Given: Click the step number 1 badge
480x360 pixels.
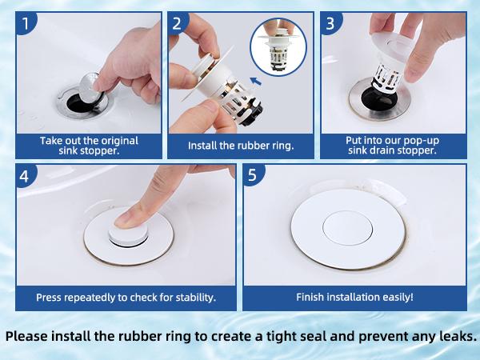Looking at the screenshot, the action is tap(26, 23).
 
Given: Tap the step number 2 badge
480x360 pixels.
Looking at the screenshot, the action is tap(178, 23).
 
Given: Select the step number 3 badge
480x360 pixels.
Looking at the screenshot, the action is tap(330, 23).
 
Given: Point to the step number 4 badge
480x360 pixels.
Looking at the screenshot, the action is tap(26, 176).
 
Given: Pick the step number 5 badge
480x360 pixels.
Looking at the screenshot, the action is tap(253, 175).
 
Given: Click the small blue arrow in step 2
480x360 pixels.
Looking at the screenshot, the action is tap(256, 82).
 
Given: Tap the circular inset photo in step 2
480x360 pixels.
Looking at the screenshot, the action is tap(278, 47).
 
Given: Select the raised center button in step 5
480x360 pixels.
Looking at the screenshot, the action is tap(347, 228).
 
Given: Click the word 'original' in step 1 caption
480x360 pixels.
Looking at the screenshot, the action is tap(120, 141).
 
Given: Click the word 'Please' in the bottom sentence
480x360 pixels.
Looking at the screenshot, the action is tap(26, 336).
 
